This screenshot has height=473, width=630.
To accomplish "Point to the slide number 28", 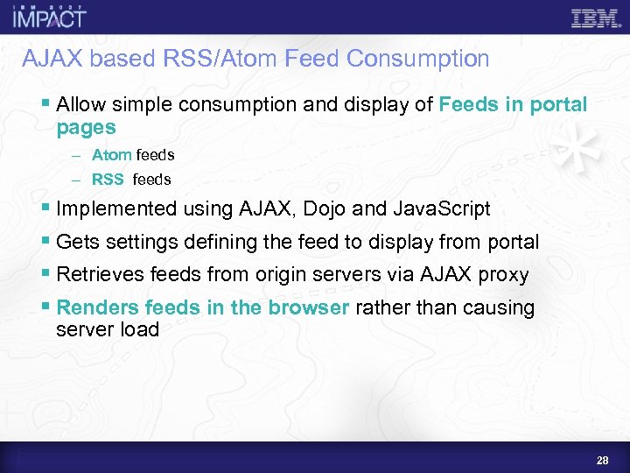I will pos(601,461).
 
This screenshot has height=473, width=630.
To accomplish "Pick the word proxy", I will pos(503,275).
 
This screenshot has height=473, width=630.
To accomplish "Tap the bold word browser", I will pos(309,308).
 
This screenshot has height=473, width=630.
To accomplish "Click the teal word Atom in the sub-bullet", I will pos(111,155).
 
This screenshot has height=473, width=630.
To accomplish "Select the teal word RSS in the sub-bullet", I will pos(108,180).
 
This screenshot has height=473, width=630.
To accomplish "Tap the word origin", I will pos(282,275).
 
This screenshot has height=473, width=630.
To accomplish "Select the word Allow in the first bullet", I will pos(80,105).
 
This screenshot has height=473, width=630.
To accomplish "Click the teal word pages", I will pos(86,128).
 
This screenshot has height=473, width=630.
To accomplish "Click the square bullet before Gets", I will pos(46,243).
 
